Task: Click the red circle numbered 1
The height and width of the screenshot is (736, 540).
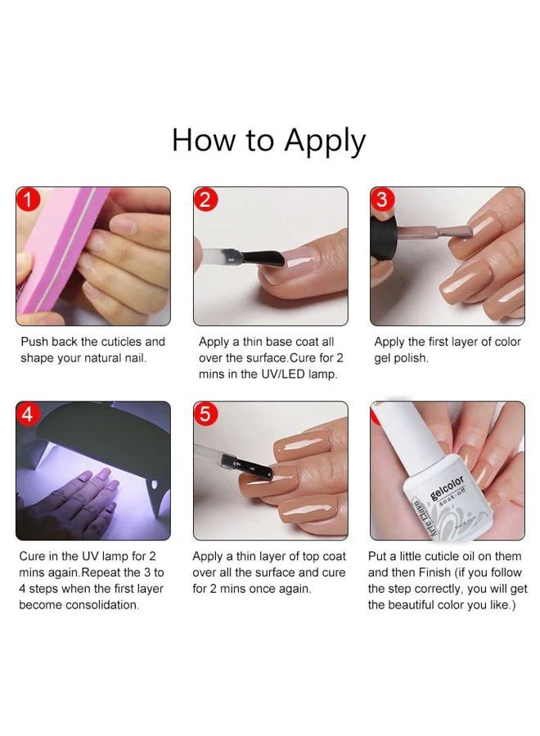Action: pyautogui.click(x=28, y=200)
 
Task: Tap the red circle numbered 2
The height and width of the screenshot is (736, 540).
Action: pyautogui.click(x=205, y=200)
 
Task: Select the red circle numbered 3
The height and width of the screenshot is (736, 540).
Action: pyautogui.click(x=382, y=200)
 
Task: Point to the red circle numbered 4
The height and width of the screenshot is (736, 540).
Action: pyautogui.click(x=28, y=414)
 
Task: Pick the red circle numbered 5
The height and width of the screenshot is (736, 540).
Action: pyautogui.click(x=205, y=414)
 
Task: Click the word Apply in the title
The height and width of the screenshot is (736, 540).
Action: pyautogui.click(x=325, y=141)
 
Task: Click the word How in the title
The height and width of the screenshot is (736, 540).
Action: pyautogui.click(x=203, y=140)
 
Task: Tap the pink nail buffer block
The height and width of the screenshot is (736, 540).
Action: pyautogui.click(x=56, y=249)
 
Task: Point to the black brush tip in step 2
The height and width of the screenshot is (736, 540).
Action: pyautogui.click(x=262, y=258)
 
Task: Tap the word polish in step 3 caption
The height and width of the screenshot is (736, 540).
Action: pyautogui.click(x=411, y=358)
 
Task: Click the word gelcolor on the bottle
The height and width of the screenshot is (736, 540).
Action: pyautogui.click(x=447, y=489)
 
